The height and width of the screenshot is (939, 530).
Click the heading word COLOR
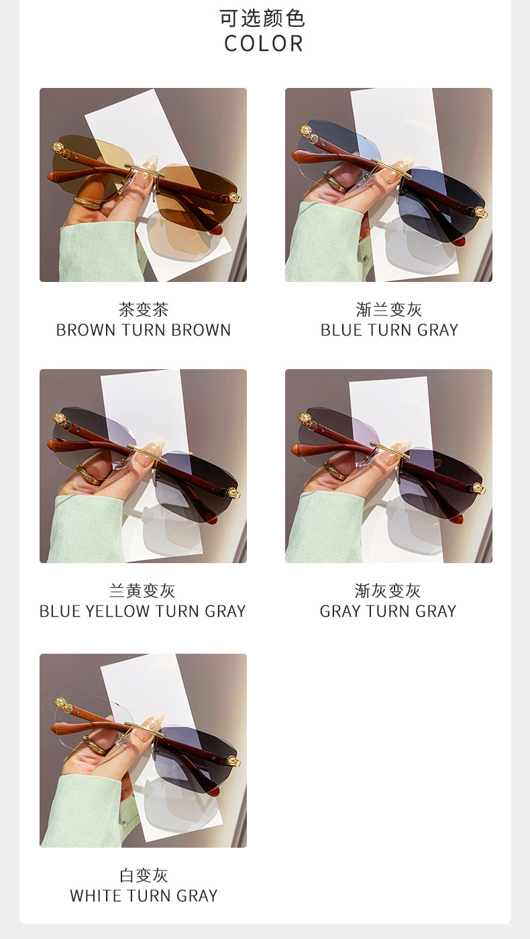264,44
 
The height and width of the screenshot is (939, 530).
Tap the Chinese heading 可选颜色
263,18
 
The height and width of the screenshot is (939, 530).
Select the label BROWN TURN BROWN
144,330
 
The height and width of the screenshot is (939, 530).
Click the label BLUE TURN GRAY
389,330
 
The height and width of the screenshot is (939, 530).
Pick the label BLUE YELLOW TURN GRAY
142,611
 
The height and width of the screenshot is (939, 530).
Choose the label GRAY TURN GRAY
388,611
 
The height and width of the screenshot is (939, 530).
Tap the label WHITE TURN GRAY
144,896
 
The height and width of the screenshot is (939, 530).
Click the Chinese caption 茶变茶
144,310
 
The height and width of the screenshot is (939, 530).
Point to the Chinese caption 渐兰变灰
389,310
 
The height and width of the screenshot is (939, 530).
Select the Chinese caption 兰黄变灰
142,591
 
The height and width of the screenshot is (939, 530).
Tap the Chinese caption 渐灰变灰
388,591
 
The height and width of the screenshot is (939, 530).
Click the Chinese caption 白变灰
144,875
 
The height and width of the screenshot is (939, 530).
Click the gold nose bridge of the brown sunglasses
142,171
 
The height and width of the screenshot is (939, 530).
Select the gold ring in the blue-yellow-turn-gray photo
88,475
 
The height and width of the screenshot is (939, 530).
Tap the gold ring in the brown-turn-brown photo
87,203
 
